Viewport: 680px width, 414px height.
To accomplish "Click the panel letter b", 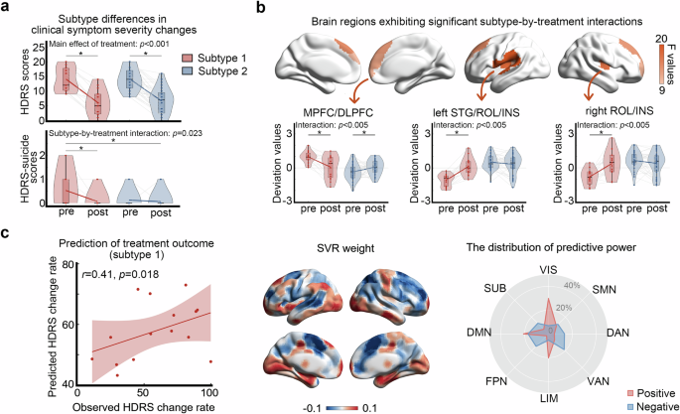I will coord(260,8).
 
